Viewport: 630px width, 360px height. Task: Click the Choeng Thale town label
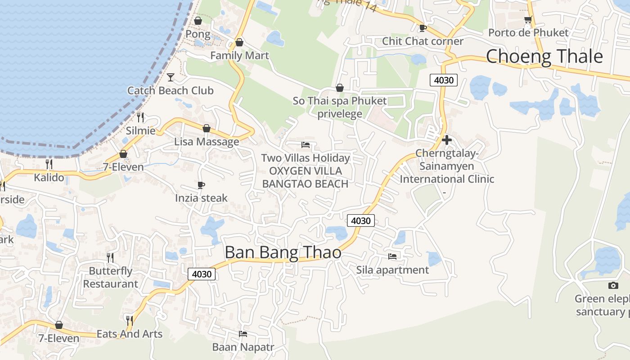(544, 57)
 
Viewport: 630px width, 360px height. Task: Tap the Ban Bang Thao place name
(283, 252)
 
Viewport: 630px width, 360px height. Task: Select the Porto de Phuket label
(528, 32)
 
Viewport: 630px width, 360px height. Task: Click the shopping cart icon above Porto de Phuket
(528, 20)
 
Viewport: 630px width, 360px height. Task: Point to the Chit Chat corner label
(423, 41)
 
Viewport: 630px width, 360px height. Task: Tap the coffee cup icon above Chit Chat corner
(423, 28)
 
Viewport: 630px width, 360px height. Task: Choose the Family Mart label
(239, 55)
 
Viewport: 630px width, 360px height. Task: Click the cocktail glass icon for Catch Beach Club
(171, 77)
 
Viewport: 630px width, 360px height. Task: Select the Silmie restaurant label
(141, 130)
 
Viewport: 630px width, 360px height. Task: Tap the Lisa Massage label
(207, 142)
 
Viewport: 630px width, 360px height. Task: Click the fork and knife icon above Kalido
(49, 164)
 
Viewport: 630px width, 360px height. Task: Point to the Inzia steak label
(201, 198)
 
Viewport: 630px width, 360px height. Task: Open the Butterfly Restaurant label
(110, 277)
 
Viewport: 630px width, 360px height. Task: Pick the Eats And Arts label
(130, 334)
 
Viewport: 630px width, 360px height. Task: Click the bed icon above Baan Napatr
(243, 334)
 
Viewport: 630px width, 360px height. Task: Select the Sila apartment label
(392, 270)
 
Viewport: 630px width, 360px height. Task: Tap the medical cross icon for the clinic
(446, 140)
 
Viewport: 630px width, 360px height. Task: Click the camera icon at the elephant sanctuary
(613, 285)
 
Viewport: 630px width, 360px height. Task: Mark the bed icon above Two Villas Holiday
(306, 145)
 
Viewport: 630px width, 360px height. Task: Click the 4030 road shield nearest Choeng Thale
(444, 81)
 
